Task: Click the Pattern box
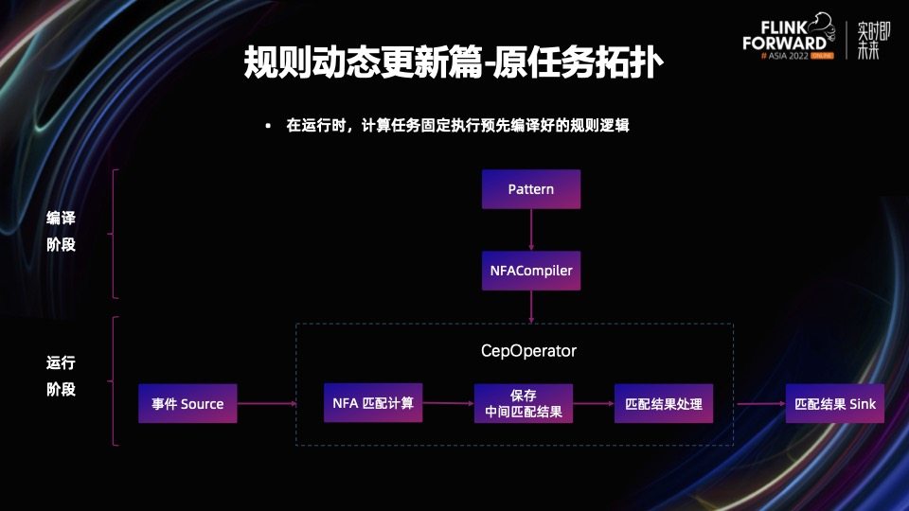(x=530, y=189)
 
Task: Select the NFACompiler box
(x=530, y=271)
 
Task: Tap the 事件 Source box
(x=187, y=403)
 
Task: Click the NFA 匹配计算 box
(x=372, y=403)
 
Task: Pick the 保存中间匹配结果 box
(x=523, y=403)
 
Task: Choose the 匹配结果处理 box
(x=664, y=403)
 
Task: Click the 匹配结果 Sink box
(x=834, y=403)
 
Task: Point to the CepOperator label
(x=528, y=351)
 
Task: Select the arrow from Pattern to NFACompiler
(x=530, y=230)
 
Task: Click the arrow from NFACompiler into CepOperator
(x=530, y=307)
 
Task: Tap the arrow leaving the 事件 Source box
(x=265, y=404)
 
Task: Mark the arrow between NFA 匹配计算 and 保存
(x=447, y=404)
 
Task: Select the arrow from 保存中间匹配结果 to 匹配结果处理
(x=593, y=404)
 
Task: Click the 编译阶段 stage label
(x=62, y=231)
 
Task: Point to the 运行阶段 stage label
(x=62, y=376)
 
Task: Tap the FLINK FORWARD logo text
(x=784, y=36)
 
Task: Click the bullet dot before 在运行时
(x=268, y=126)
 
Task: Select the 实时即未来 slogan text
(x=868, y=39)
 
